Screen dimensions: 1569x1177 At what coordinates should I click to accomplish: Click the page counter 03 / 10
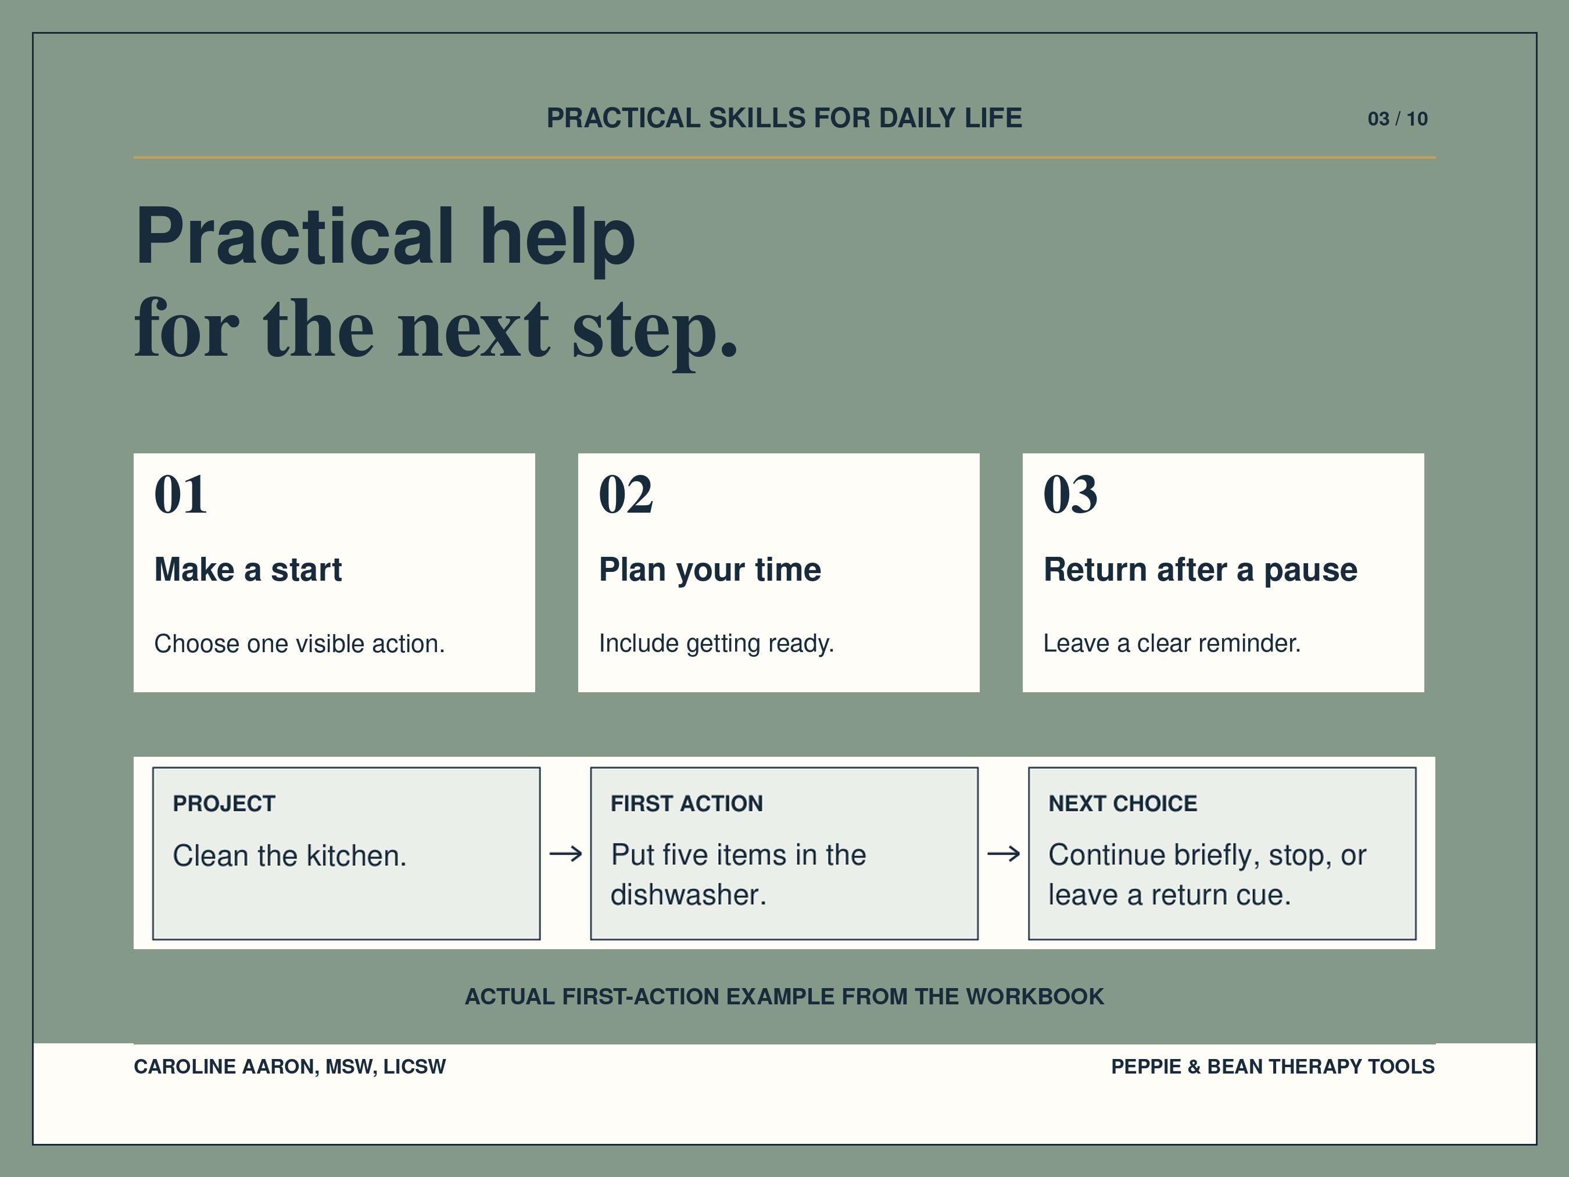pyautogui.click(x=1398, y=119)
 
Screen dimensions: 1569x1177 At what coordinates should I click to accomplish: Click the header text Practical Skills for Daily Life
pyautogui.click(x=784, y=118)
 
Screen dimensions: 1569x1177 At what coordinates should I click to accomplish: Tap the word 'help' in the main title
pyautogui.click(x=557, y=238)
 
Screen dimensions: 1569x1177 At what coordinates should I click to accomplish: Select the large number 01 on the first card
pyautogui.click(x=181, y=494)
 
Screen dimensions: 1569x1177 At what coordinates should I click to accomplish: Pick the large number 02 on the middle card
pyautogui.click(x=626, y=494)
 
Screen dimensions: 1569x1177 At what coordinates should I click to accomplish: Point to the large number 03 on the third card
pyautogui.click(x=1070, y=494)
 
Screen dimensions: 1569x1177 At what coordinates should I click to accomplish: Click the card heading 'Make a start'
pyautogui.click(x=248, y=570)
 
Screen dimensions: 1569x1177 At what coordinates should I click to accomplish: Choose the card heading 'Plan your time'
pyautogui.click(x=710, y=570)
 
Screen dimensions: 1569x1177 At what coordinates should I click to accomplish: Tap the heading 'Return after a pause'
pyautogui.click(x=1200, y=570)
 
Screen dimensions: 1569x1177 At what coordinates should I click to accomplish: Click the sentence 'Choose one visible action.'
pyautogui.click(x=299, y=643)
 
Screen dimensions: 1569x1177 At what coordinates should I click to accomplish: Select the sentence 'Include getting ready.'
pyautogui.click(x=717, y=643)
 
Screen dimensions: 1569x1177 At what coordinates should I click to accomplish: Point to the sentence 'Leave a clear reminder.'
pyautogui.click(x=1172, y=643)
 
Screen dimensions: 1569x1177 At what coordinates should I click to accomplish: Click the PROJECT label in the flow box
pyautogui.click(x=224, y=803)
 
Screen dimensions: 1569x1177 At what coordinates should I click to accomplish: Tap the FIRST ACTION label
pyautogui.click(x=687, y=803)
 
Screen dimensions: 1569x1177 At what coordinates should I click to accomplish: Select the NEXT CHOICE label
pyautogui.click(x=1123, y=803)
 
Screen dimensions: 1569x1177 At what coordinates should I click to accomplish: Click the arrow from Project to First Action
pyautogui.click(x=565, y=853)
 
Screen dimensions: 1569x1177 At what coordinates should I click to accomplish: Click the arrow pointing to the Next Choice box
pyautogui.click(x=1004, y=853)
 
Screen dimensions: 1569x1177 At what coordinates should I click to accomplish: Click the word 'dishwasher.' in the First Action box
pyautogui.click(x=689, y=895)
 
